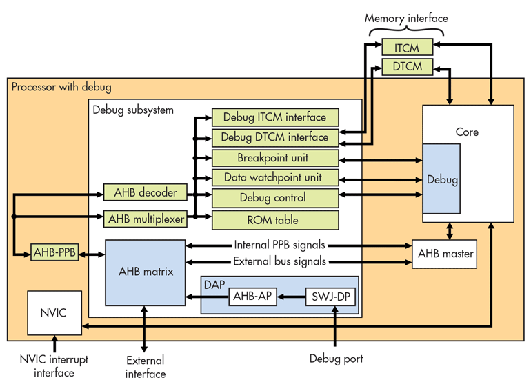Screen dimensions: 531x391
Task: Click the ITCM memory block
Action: [x=408, y=47]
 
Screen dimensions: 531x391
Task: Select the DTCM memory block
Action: [x=408, y=66]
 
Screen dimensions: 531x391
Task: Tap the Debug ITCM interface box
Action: [x=275, y=117]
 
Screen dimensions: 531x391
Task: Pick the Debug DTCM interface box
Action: [x=275, y=137]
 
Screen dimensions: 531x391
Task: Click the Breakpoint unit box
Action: [x=275, y=158]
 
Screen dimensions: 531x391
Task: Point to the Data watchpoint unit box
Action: [x=275, y=177]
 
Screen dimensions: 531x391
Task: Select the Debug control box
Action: [x=275, y=198]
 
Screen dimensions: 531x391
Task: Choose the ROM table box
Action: [x=275, y=220]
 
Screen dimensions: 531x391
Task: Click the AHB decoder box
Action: [x=146, y=192]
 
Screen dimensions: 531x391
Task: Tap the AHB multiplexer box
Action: [x=146, y=219]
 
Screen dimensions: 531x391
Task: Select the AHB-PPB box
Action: [x=54, y=252]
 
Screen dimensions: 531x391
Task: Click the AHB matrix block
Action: [x=146, y=272]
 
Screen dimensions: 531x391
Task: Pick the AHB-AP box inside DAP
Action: [x=252, y=297]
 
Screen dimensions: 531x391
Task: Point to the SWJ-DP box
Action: [x=330, y=297]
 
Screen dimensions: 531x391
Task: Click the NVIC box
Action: [x=54, y=313]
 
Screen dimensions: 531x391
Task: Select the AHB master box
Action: [x=444, y=254]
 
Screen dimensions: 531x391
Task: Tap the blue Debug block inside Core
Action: [x=441, y=179]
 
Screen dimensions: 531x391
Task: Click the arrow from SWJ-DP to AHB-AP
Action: [x=291, y=297]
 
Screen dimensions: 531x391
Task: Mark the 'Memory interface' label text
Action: [x=406, y=19]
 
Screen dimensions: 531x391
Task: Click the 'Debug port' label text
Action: [x=337, y=359]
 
